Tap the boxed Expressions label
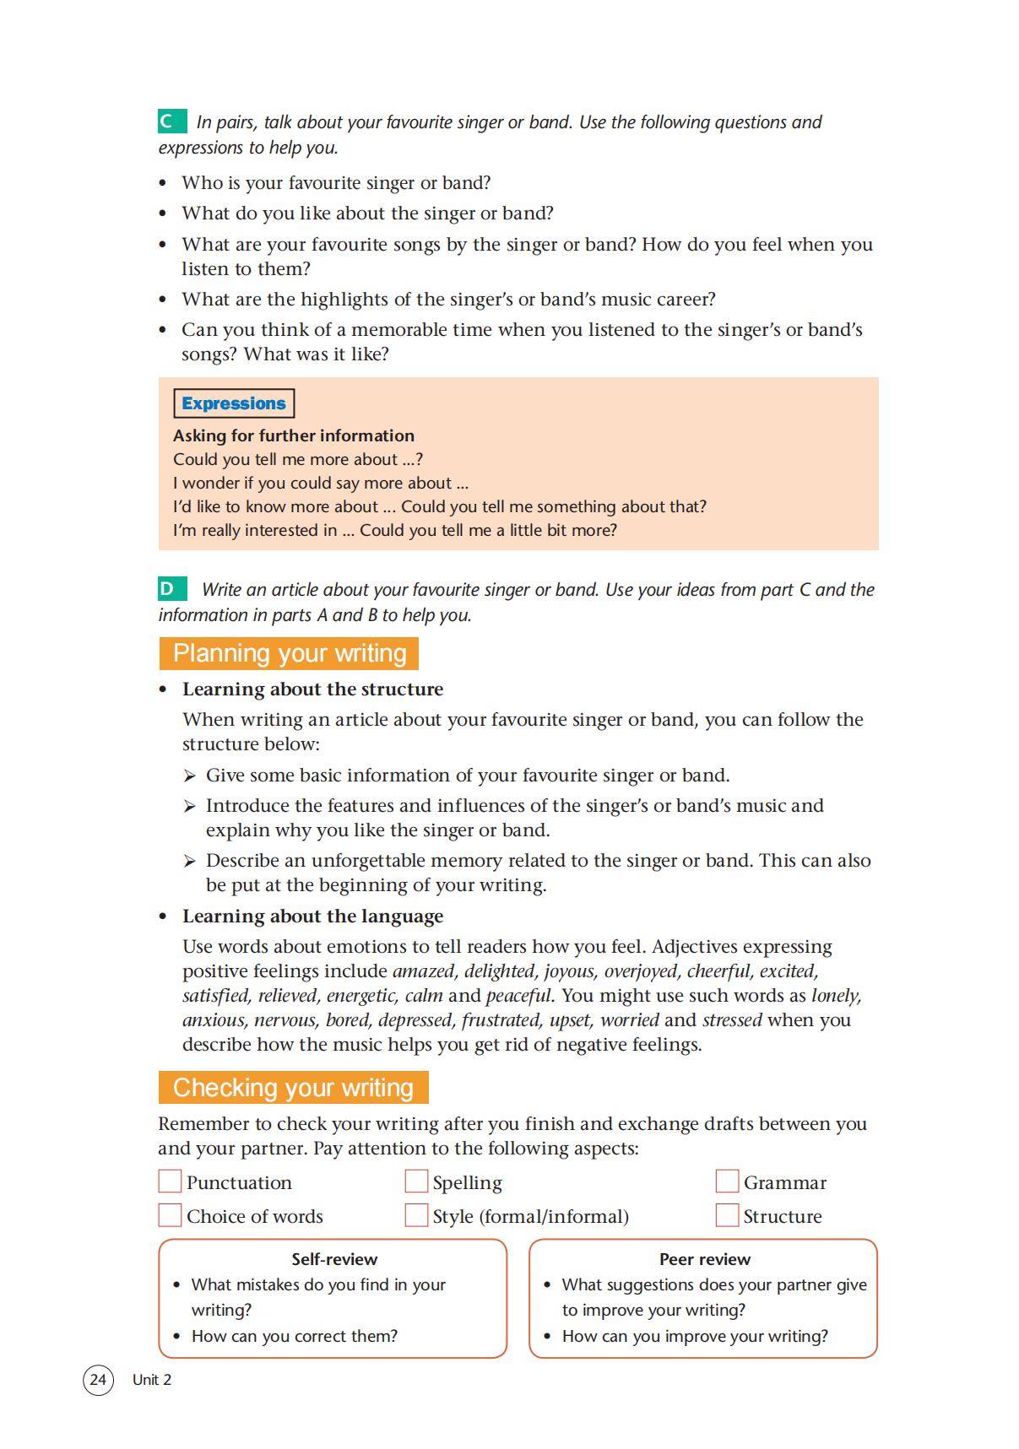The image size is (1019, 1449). coord(233,403)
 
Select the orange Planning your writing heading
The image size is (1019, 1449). coord(289,653)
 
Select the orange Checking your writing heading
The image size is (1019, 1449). coord(293,1087)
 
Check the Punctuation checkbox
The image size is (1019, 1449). coord(170,1181)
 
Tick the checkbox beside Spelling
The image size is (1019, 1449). coord(416,1181)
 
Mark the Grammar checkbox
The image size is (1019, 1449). coord(727,1181)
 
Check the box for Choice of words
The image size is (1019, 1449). coord(170,1214)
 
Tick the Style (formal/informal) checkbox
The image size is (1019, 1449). coord(416,1214)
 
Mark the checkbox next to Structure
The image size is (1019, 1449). coord(727,1214)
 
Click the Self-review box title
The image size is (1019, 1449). coord(334,1258)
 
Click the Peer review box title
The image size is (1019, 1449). coord(704,1258)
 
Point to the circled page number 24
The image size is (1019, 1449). coord(98,1379)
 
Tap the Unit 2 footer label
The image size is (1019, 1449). coord(152,1379)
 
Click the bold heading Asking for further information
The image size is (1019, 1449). coord(294,435)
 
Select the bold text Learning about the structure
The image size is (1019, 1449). coord(312,689)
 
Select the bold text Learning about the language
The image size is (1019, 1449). coord(312,916)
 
